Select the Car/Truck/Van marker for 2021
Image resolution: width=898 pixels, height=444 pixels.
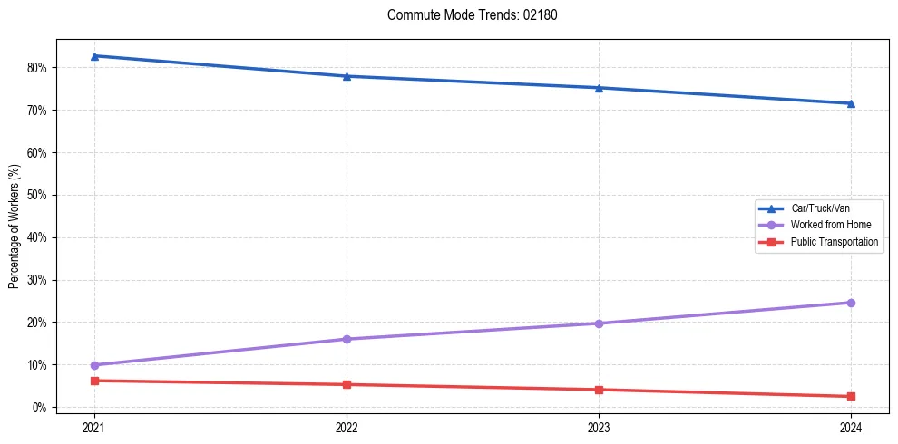[94, 56]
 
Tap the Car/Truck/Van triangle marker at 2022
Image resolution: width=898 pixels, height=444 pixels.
[347, 76]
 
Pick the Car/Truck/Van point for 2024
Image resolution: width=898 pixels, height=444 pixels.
[851, 103]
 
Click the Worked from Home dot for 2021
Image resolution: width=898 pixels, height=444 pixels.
[94, 365]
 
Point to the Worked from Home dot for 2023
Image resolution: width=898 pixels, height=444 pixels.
[599, 323]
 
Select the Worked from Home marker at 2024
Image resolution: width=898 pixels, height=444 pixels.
[851, 303]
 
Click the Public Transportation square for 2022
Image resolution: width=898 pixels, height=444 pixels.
[347, 384]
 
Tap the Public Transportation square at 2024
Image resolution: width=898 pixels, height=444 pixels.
[851, 396]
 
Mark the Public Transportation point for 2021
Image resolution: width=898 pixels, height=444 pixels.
[94, 381]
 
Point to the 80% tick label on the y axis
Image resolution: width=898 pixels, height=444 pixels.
[38, 68]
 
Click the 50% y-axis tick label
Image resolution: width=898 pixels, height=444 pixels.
[38, 195]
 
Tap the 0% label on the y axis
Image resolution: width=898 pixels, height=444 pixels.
[41, 408]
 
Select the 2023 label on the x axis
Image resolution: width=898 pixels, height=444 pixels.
[599, 426]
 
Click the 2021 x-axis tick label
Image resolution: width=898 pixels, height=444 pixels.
[94, 426]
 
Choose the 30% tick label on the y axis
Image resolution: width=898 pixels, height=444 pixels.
[38, 280]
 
